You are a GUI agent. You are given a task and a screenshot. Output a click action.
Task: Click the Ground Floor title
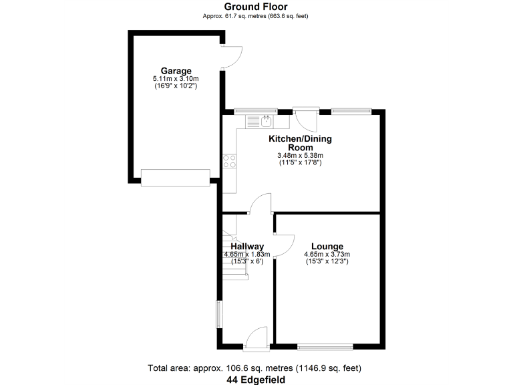(256, 7)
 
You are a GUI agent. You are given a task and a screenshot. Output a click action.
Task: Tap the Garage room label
(176, 71)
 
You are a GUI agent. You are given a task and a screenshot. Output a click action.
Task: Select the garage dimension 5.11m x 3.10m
(176, 79)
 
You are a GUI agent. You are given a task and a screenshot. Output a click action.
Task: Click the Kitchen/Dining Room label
(300, 143)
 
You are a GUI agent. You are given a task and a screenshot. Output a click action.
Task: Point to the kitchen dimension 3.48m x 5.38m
(300, 156)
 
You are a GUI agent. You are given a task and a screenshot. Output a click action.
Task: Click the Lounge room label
(327, 246)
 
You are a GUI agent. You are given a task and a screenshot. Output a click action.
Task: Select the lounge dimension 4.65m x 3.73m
(327, 254)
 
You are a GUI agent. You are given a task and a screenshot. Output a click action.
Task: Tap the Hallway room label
(247, 246)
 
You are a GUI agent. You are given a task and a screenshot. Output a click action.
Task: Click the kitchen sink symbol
(266, 121)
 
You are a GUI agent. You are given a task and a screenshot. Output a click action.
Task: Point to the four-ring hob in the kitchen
(229, 160)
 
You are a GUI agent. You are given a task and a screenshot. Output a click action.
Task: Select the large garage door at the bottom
(176, 177)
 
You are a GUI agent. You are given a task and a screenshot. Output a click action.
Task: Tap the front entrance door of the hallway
(256, 338)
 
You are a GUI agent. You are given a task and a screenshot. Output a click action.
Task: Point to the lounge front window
(325, 346)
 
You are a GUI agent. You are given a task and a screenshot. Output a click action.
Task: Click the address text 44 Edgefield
(256, 380)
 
